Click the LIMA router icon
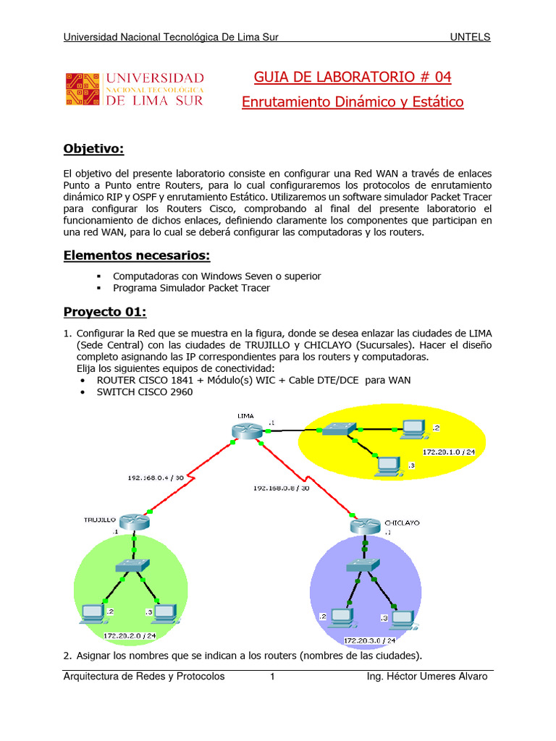click(x=244, y=430)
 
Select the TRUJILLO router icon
click(x=133, y=521)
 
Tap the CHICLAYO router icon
click(x=363, y=525)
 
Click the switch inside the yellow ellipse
click(x=337, y=428)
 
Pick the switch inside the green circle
click(x=133, y=565)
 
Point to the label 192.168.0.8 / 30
click(x=282, y=488)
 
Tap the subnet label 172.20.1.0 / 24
click(x=450, y=452)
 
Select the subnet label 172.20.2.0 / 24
click(x=130, y=635)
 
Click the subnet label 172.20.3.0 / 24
click(x=369, y=640)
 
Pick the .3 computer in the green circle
click(x=166, y=613)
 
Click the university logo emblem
click(x=83, y=89)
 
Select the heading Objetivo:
click(x=94, y=149)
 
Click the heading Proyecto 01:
click(x=105, y=312)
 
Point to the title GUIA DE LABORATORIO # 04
click(x=352, y=77)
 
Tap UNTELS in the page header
click(x=470, y=38)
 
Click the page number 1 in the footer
click(x=273, y=677)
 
